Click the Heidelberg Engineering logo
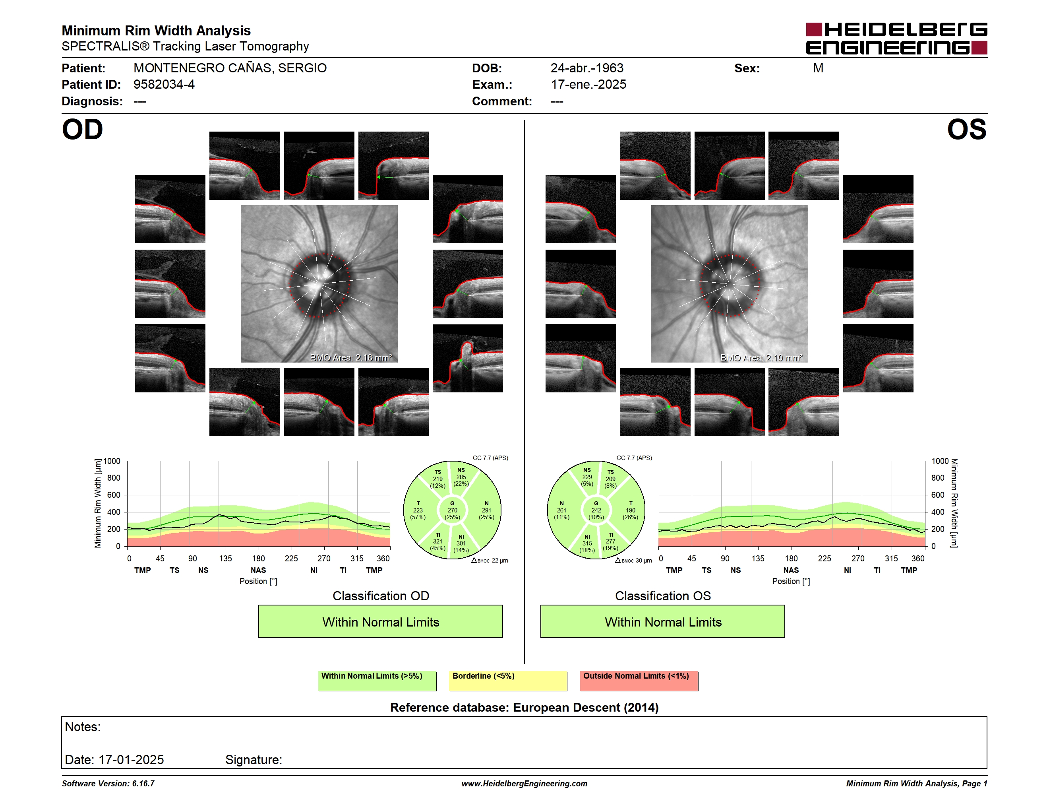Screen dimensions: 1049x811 896,39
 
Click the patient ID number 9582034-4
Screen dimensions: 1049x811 164,85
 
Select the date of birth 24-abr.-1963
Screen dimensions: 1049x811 587,68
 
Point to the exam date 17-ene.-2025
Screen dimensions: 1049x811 588,85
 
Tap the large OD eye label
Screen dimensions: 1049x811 83,130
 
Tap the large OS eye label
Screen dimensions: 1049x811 967,130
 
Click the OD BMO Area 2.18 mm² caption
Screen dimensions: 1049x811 351,357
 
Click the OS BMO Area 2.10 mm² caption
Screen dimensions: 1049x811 761,357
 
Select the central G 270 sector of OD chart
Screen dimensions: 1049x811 452,510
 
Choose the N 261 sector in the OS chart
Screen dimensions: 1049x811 561,510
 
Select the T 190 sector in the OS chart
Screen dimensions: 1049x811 630,510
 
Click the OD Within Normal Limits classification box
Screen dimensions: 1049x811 380,622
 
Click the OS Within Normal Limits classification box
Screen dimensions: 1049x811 663,622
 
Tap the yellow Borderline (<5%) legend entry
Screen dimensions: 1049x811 508,681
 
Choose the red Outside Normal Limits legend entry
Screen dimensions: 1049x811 639,681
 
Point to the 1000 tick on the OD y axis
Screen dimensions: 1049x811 112,461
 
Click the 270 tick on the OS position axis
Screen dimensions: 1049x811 858,558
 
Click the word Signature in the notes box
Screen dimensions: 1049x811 253,760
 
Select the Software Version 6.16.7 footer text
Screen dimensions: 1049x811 108,784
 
